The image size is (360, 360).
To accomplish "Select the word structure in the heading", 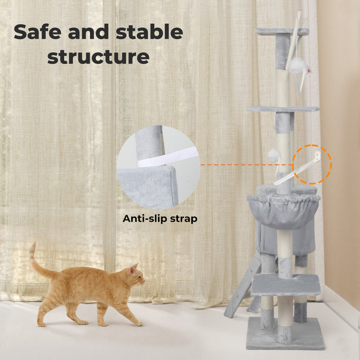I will [x=98, y=57].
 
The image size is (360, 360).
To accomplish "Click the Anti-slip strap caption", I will [x=160, y=219].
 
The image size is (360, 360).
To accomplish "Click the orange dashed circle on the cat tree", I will [x=312, y=165].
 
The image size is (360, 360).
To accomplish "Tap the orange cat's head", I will [x=135, y=276].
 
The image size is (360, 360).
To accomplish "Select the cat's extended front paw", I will [x=138, y=323].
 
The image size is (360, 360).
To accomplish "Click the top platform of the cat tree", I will [x=282, y=32].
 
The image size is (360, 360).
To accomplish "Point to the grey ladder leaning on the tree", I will [x=238, y=288].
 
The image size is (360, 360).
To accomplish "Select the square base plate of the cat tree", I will [x=285, y=334].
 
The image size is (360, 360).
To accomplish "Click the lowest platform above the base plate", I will [x=285, y=284].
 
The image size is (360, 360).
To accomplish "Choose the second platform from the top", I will [x=283, y=109].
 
